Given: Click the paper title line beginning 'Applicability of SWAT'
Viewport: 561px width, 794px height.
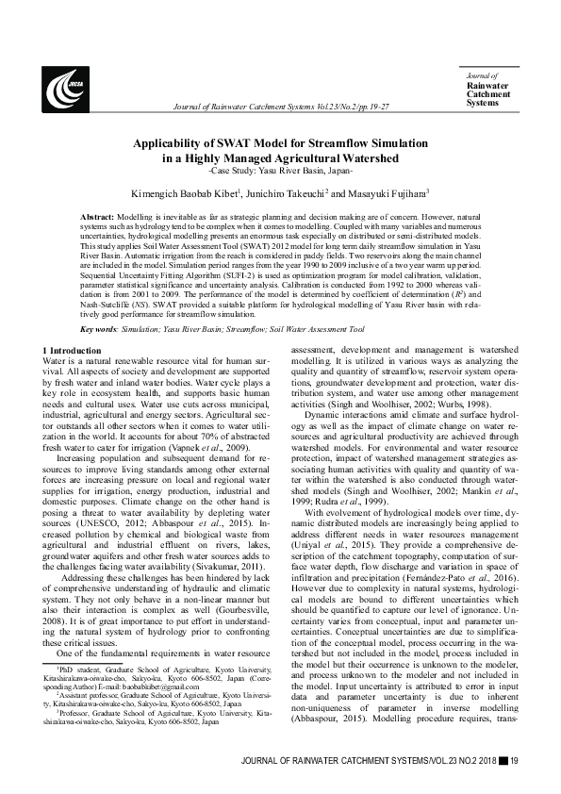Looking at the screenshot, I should click(280, 143).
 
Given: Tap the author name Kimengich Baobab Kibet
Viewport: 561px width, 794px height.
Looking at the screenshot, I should click(184, 192).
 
